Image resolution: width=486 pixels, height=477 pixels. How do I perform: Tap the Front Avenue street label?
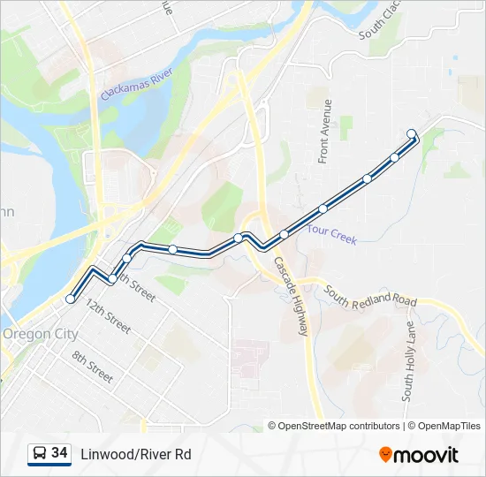point(325,131)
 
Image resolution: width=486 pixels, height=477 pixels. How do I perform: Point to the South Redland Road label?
point(369,296)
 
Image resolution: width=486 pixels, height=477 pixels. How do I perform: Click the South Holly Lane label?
point(408,360)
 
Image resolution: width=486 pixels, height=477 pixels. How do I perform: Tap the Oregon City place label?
point(40,335)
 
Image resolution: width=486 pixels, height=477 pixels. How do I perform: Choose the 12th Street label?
point(108,319)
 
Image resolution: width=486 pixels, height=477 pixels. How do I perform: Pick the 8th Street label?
point(93,367)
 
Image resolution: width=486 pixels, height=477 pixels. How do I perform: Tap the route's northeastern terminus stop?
point(412,134)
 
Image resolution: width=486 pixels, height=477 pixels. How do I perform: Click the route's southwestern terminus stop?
point(71,299)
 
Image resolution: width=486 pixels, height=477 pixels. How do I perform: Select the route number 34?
point(60,453)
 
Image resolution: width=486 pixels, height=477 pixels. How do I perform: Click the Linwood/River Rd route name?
point(136,455)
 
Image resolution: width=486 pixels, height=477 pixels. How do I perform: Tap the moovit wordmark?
point(427,455)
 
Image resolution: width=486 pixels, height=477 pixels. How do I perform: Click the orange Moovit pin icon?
point(386,455)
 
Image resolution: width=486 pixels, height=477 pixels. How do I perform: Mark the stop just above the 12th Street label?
point(113,279)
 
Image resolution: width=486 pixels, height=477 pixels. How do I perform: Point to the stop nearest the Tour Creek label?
point(323,209)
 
